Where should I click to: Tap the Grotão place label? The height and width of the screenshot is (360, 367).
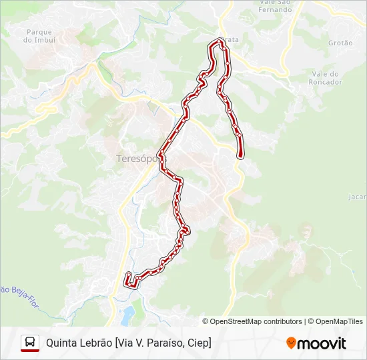[x=340, y=43]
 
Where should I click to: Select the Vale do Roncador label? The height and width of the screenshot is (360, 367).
[x=326, y=78]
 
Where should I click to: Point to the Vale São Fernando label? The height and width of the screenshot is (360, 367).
[x=274, y=6]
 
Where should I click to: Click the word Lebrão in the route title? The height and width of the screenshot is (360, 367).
[x=96, y=343]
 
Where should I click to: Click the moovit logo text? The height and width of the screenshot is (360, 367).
[x=322, y=343]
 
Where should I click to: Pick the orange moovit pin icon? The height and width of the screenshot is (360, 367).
[x=291, y=343]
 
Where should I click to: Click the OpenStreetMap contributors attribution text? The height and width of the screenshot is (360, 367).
[x=256, y=321]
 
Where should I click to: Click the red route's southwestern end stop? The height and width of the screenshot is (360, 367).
[x=128, y=275]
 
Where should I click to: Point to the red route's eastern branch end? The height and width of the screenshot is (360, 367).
[x=240, y=155]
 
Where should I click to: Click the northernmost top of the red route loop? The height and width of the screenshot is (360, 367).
[x=218, y=42]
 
